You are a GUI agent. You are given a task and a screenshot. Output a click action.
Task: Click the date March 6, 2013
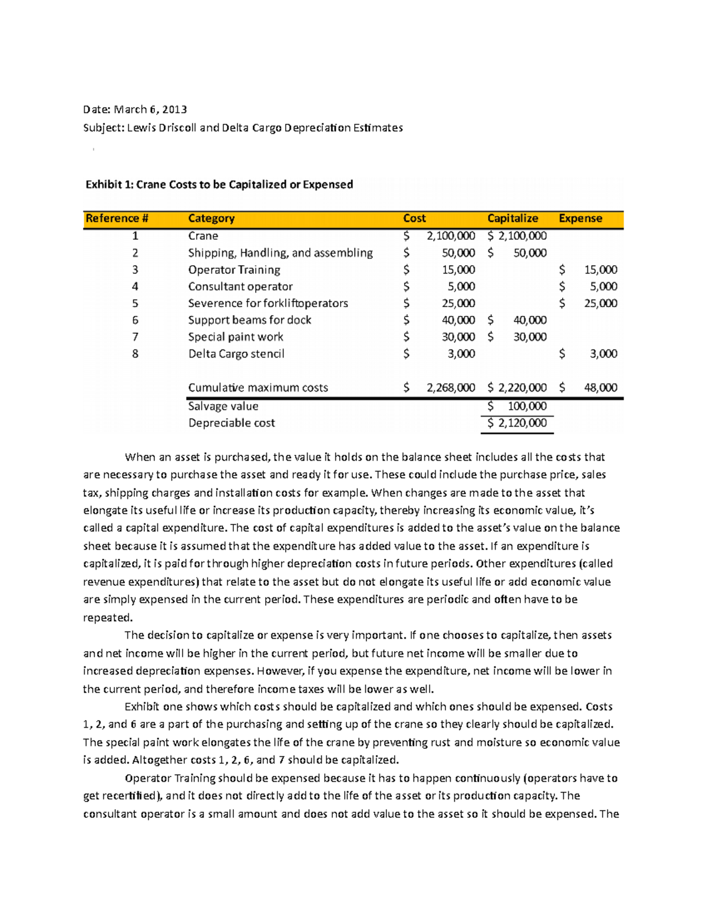tap(150, 109)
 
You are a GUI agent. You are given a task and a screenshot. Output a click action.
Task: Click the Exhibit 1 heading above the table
tap(219, 184)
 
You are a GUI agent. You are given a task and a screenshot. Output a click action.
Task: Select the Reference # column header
tap(117, 219)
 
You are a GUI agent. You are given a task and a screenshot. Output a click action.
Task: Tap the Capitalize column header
tap(513, 219)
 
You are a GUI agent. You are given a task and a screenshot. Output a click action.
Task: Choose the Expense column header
tap(580, 219)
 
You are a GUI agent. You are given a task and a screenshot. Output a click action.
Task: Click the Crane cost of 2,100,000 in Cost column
tap(451, 236)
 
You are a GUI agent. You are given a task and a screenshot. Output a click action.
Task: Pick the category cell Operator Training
tap(234, 270)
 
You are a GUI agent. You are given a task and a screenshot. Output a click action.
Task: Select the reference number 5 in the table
tap(135, 303)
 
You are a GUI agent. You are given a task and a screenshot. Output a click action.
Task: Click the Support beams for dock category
tap(249, 320)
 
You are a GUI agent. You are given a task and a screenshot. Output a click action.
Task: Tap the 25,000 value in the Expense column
tap(600, 303)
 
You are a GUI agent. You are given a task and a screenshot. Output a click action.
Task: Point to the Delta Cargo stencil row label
tap(236, 354)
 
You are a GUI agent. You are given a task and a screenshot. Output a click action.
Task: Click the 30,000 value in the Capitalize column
tap(530, 337)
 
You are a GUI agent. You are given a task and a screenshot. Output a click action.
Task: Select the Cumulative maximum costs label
tap(257, 388)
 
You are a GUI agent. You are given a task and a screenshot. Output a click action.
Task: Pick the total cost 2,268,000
tap(451, 388)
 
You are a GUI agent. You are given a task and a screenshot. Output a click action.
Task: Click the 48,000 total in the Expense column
tap(600, 388)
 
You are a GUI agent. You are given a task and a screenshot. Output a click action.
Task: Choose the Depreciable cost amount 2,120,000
tap(522, 423)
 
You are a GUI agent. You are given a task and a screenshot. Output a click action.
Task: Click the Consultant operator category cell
tap(240, 286)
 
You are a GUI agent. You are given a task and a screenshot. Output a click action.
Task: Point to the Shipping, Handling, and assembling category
tap(280, 253)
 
